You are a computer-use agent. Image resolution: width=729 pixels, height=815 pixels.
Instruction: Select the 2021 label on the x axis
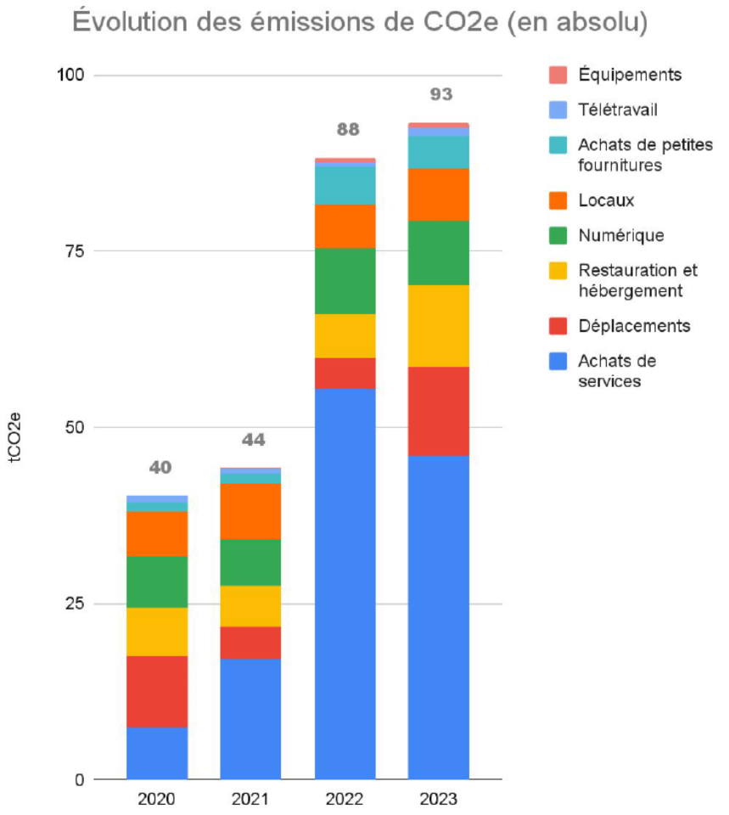(250, 800)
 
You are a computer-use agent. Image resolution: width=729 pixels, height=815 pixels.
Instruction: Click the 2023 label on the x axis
(438, 800)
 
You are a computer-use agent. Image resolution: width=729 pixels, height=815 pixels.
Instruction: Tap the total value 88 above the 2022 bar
(345, 130)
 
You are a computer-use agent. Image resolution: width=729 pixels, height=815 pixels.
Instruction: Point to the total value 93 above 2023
(439, 94)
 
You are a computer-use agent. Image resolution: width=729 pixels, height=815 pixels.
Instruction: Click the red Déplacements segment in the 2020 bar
(157, 691)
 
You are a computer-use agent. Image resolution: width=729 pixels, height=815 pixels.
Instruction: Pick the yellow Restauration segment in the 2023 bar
(439, 325)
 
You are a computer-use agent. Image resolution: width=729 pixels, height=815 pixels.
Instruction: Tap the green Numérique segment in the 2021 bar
(250, 562)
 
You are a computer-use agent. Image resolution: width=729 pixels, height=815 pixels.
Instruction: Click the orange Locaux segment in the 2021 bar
(250, 511)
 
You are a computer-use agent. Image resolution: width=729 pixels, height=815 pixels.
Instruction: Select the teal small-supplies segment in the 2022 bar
(345, 185)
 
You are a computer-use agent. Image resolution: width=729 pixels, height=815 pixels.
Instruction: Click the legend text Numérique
(620, 235)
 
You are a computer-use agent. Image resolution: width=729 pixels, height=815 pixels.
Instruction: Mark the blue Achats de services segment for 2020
(157, 753)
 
